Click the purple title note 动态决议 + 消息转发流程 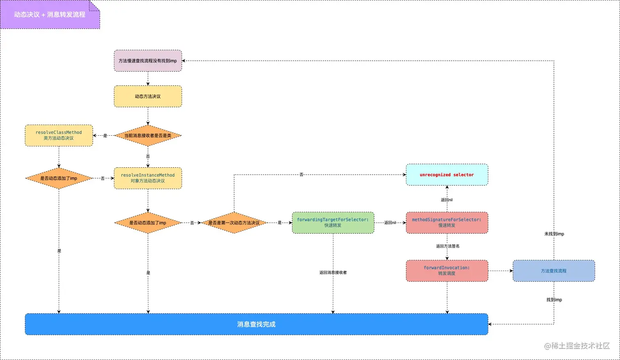tap(50, 15)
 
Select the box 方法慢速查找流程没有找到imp tap(148, 61)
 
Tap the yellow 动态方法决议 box tap(148, 96)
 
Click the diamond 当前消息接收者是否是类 tap(148, 135)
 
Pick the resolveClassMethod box tap(59, 135)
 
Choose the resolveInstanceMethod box tap(148, 178)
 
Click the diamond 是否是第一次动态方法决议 tap(234, 223)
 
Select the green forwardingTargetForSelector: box tap(333, 223)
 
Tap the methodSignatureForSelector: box tap(447, 223)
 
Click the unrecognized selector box tap(447, 175)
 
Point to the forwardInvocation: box tap(447, 271)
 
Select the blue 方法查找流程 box tap(554, 271)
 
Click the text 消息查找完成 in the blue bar tap(256, 324)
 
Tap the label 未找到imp tap(554, 234)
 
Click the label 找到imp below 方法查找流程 tap(554, 300)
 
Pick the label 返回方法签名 tap(447, 246)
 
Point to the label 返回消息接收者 tap(333, 272)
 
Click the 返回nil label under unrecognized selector tap(447, 200)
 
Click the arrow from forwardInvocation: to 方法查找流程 tap(500, 271)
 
